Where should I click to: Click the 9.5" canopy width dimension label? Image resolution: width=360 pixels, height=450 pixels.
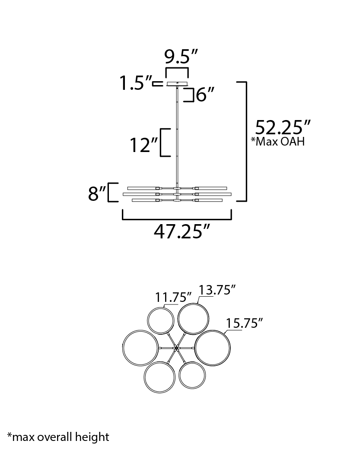pyautogui.click(x=181, y=57)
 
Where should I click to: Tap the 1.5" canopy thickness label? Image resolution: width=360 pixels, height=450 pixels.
pyautogui.click(x=136, y=83)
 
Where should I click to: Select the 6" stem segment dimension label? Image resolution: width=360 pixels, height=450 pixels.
pyautogui.click(x=205, y=95)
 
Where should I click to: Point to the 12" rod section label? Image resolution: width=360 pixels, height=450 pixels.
pyautogui.click(x=143, y=145)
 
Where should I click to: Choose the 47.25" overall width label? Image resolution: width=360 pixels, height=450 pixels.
pyautogui.click(x=182, y=231)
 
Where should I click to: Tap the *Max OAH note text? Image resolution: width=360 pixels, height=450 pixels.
pyautogui.click(x=278, y=142)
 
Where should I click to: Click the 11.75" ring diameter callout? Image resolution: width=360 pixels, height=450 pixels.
pyautogui.click(x=173, y=297)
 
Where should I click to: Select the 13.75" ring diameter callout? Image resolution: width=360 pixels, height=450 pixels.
pyautogui.click(x=217, y=290)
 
